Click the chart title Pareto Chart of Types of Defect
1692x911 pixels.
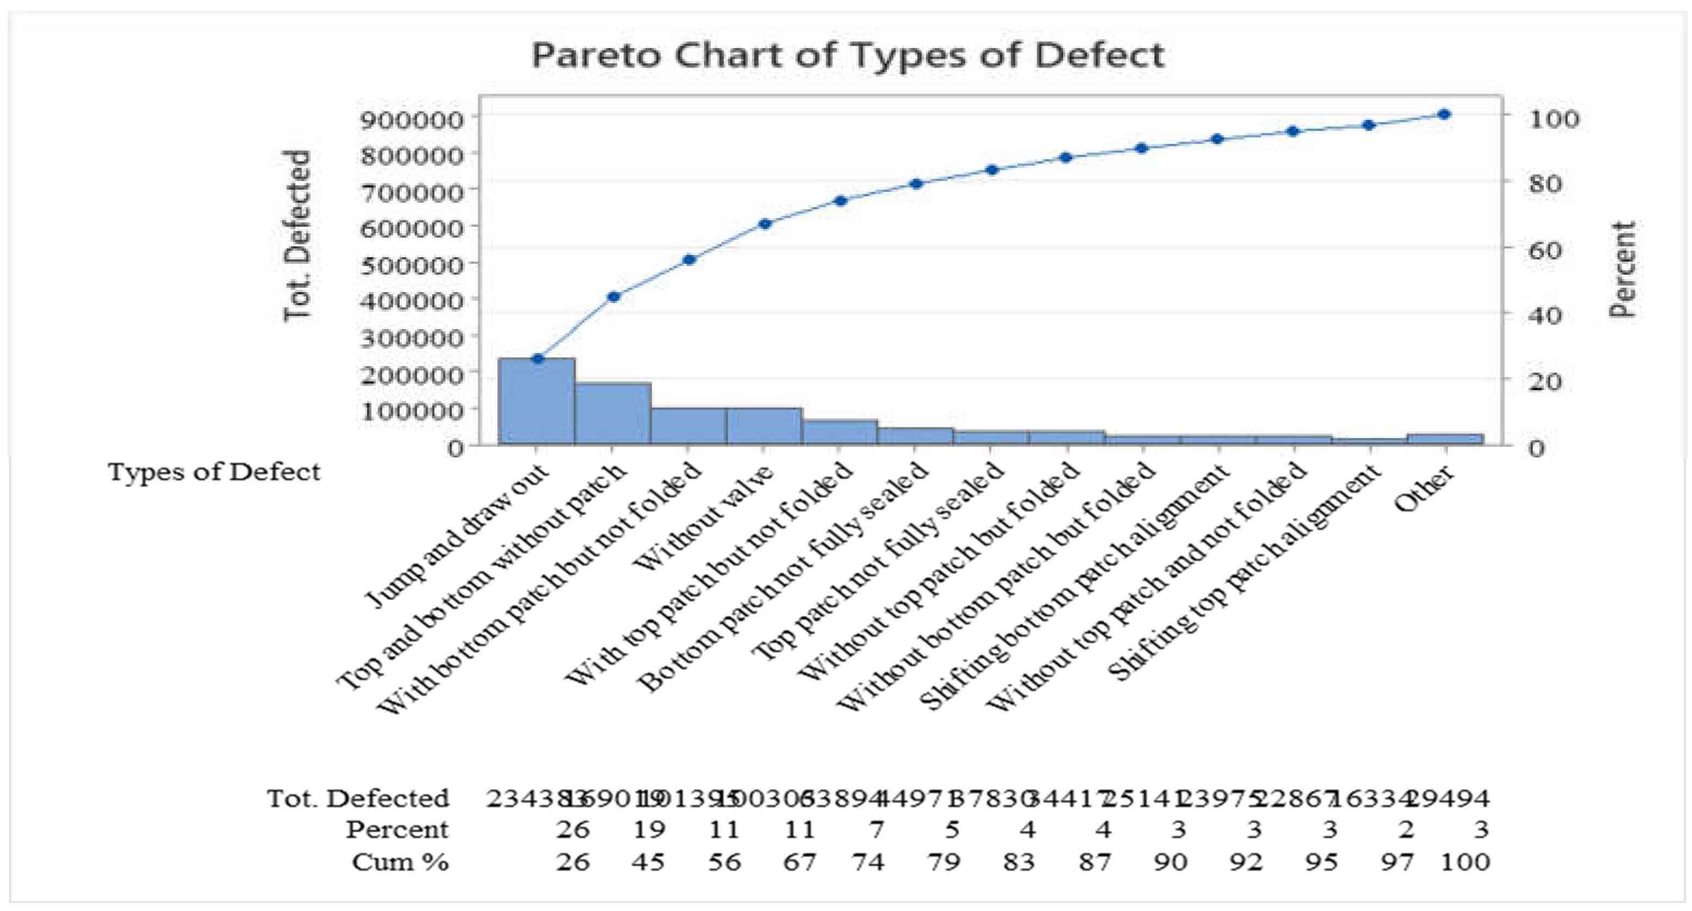point(847,55)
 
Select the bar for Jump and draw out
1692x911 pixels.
point(537,402)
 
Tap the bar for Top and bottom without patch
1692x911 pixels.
point(613,414)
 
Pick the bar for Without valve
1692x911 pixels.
point(764,427)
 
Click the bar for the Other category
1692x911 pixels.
point(1445,439)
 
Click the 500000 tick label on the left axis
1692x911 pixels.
point(411,263)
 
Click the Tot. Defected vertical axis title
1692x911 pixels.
point(298,237)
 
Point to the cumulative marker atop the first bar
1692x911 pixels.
point(538,358)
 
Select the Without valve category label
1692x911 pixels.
point(706,519)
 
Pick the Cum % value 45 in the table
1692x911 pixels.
point(648,861)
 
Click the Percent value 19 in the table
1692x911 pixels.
point(648,829)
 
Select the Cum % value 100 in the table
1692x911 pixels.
point(1465,861)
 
